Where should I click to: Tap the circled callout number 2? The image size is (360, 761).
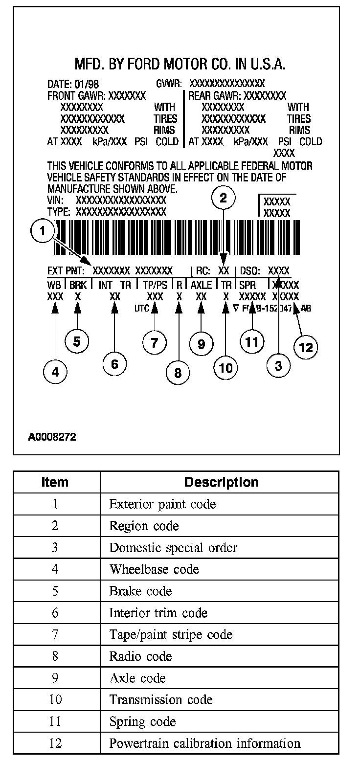tap(224, 198)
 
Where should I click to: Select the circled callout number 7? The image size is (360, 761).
tap(155, 342)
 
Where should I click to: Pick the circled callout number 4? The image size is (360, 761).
tap(55, 372)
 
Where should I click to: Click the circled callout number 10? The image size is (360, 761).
tap(226, 367)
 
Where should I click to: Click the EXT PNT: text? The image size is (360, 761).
tap(67, 270)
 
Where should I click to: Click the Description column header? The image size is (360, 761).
tap(221, 482)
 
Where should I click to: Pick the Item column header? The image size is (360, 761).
tap(55, 482)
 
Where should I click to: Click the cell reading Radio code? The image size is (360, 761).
tap(140, 656)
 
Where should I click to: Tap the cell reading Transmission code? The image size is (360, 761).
tap(161, 700)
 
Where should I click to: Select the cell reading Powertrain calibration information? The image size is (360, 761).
tap(204, 743)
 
